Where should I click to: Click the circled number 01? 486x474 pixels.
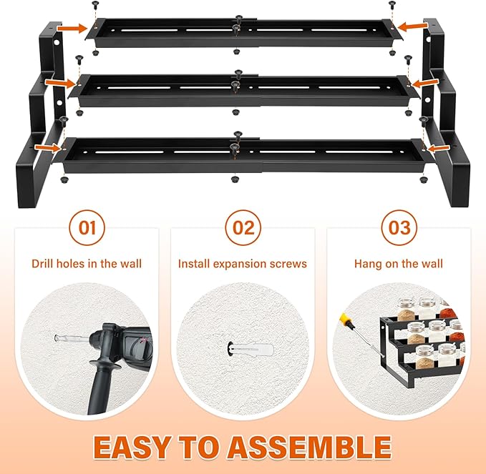87,227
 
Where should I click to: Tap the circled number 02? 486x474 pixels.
243,227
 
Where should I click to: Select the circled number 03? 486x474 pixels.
399,227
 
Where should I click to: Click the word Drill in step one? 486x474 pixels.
42,264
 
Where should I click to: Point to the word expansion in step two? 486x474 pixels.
240,264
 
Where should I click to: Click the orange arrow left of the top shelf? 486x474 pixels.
72,29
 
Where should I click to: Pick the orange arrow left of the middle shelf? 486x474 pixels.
61,83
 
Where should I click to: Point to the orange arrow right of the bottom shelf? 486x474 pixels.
437,149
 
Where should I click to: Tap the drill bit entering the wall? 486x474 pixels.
72,338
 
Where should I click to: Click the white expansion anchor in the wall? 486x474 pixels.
252,350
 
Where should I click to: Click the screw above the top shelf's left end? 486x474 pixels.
95,4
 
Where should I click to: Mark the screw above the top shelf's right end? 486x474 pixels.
392,4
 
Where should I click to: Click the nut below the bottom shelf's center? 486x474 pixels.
235,179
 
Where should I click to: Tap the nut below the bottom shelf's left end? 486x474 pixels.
64,180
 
